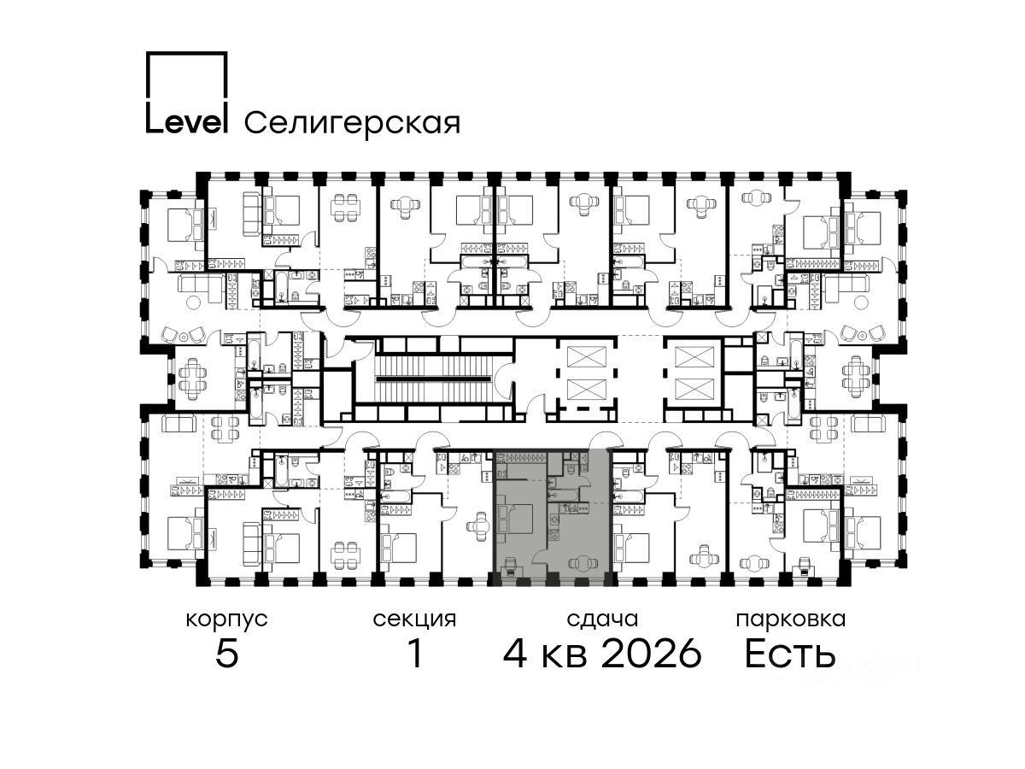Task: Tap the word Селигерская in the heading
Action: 353,123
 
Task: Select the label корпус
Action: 227,620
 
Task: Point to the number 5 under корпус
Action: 227,653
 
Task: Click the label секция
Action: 414,620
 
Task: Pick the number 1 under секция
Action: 416,653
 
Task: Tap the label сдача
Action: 602,620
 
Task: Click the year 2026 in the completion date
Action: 652,653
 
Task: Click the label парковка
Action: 791,620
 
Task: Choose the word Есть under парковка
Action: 790,653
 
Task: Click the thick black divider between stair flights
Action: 435,379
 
